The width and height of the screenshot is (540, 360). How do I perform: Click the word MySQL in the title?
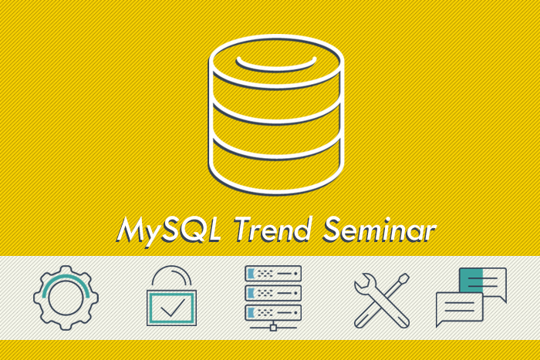coord(168,230)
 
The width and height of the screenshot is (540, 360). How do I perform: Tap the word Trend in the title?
coord(273,229)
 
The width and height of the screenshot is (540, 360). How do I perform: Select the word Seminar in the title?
coord(380,229)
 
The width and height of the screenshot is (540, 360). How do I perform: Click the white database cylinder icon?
coord(276,115)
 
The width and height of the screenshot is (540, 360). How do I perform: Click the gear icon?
coord(66,298)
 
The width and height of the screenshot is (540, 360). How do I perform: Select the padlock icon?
coord(171,296)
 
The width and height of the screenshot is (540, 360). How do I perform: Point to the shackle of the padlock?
coord(171,267)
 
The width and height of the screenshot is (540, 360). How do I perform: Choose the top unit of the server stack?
coord(273,274)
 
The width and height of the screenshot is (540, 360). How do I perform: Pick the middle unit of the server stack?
coord(273,293)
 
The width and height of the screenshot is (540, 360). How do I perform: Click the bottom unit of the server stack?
coord(273,312)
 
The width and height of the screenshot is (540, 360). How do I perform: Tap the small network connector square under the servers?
coord(273,328)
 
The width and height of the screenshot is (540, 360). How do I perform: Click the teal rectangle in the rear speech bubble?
coord(471,281)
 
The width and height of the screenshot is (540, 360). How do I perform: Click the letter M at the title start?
coord(132,229)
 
